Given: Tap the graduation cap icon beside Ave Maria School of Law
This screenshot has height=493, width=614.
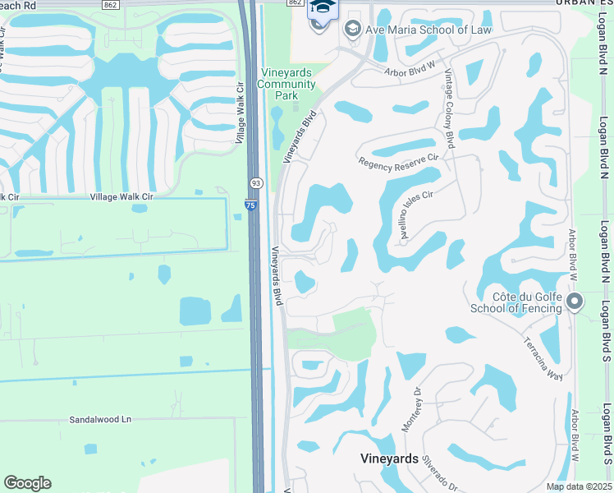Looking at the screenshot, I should [x=353, y=30].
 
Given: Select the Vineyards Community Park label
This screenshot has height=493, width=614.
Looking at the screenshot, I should [x=286, y=84].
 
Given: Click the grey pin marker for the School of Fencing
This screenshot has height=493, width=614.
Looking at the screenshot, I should [x=575, y=302].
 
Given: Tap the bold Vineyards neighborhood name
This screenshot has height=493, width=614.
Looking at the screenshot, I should [x=390, y=458].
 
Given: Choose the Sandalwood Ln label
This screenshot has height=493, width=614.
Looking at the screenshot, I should [x=100, y=419].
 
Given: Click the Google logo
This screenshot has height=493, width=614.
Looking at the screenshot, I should [x=27, y=483].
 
